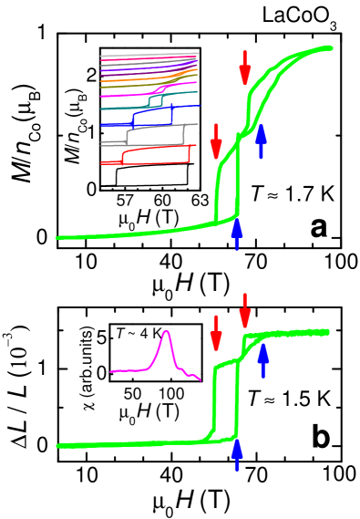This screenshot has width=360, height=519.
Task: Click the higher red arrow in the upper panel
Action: [x=244, y=67]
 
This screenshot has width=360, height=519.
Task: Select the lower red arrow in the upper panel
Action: [x=216, y=141]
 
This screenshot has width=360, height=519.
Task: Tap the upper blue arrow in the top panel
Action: [x=261, y=141]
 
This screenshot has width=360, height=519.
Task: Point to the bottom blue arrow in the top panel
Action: [x=237, y=234]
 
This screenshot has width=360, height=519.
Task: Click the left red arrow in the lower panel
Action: [x=216, y=332]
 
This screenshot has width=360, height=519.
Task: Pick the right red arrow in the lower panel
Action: [x=244, y=311]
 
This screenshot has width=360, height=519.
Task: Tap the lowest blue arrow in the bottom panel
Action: [x=237, y=453]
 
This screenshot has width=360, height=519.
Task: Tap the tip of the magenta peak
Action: [x=166, y=331]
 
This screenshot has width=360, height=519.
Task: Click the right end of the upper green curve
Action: [x=329, y=47]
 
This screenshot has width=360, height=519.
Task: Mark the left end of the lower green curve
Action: [x=58, y=446]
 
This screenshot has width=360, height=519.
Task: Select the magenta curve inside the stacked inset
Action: [x=128, y=94]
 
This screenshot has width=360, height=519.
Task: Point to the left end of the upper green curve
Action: [x=58, y=238]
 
